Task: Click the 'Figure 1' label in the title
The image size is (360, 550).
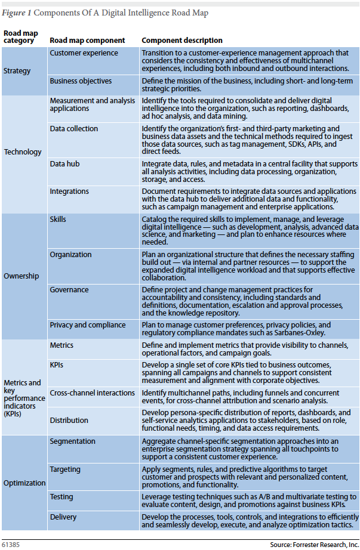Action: tap(17, 13)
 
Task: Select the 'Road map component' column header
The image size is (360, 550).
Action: tap(87, 41)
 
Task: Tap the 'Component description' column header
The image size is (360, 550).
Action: tap(182, 41)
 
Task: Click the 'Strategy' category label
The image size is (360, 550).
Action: tap(17, 71)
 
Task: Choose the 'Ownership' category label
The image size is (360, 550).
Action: tap(21, 276)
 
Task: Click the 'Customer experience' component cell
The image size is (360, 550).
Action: tap(84, 53)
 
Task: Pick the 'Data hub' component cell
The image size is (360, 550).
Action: tap(65, 163)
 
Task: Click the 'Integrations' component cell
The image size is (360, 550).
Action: tap(69, 191)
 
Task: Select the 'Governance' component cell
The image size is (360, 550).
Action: tap(69, 290)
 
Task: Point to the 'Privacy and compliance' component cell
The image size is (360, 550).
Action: tap(88, 325)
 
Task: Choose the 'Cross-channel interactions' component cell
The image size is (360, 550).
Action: tap(93, 393)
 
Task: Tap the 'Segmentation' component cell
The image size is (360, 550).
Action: tap(73, 441)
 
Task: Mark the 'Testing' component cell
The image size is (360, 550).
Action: tap(61, 497)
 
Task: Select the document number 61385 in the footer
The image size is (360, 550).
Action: tap(11, 545)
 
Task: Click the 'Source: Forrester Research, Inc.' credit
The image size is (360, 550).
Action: tap(313, 545)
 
